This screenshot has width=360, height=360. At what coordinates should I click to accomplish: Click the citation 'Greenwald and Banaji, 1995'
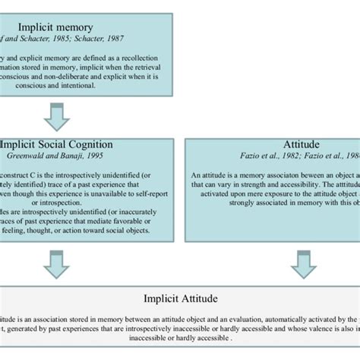(x=57, y=156)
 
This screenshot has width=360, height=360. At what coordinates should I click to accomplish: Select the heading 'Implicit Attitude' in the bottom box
(x=180, y=300)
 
